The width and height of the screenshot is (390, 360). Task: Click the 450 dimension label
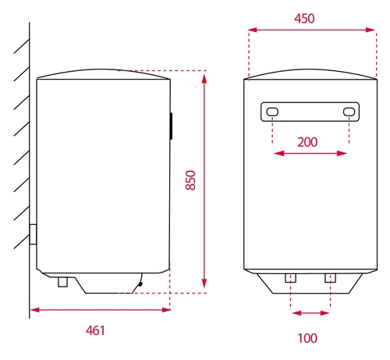pyautogui.click(x=304, y=19)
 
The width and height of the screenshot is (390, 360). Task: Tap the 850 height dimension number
pyautogui.click(x=190, y=180)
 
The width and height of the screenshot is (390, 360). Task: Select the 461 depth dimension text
pyautogui.click(x=95, y=330)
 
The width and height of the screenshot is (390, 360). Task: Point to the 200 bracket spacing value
pyautogui.click(x=307, y=142)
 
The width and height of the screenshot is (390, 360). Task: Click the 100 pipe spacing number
pyautogui.click(x=307, y=338)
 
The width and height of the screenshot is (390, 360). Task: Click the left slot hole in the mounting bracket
pyautogui.click(x=272, y=112)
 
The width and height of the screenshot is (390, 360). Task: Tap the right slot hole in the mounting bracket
pyautogui.click(x=349, y=112)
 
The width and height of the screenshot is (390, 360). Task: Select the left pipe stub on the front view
pyautogui.click(x=290, y=278)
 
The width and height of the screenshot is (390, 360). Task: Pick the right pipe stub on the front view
pyautogui.click(x=330, y=278)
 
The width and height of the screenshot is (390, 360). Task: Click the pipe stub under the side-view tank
pyautogui.click(x=62, y=282)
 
